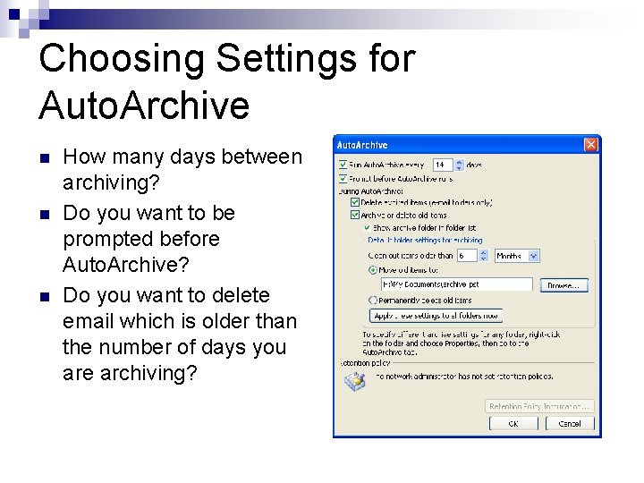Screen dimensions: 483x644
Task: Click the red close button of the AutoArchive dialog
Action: pyautogui.click(x=590, y=145)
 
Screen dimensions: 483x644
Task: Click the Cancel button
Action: pyautogui.click(x=570, y=423)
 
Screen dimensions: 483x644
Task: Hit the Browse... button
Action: pyautogui.click(x=563, y=284)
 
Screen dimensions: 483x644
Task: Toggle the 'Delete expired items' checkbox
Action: pyautogui.click(x=355, y=202)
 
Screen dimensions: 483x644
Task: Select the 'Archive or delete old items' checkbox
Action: pyautogui.click(x=355, y=215)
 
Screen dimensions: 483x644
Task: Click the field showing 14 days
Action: pyautogui.click(x=443, y=165)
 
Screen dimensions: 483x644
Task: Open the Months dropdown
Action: pyautogui.click(x=535, y=256)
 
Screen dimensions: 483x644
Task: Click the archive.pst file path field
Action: pyautogui.click(x=456, y=284)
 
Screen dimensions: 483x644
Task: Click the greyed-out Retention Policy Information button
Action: pyautogui.click(x=539, y=406)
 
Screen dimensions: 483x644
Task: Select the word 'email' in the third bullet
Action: pyautogui.click(x=89, y=320)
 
